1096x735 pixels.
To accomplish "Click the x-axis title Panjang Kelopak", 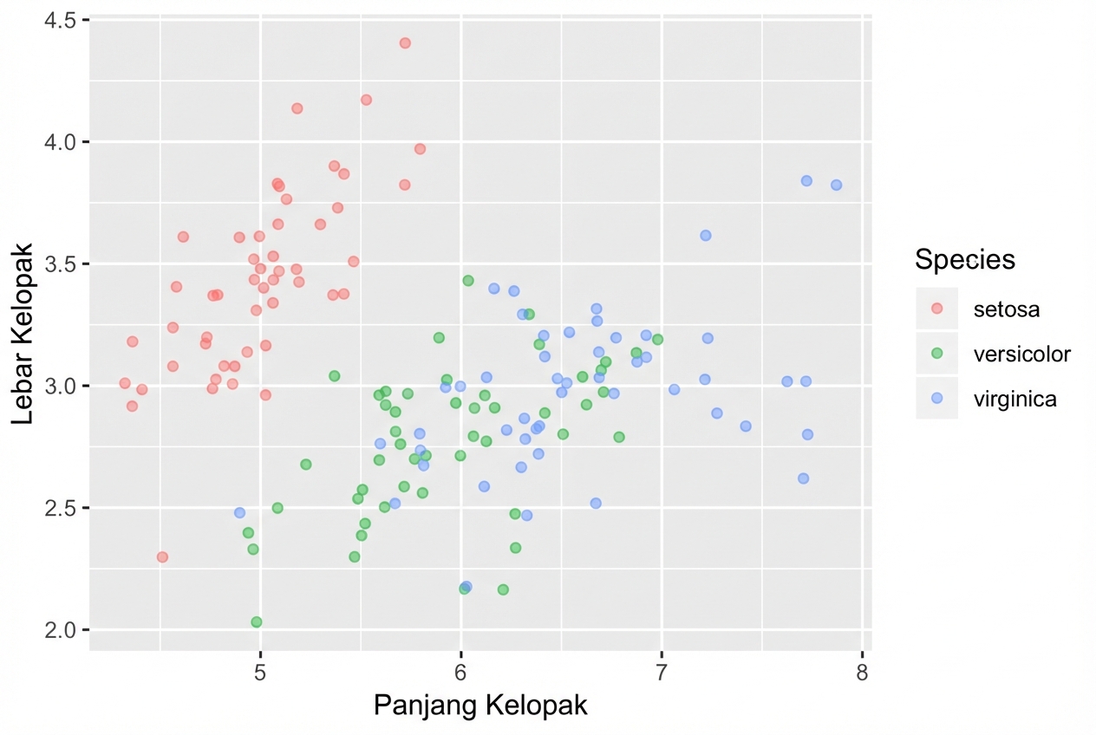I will (x=480, y=706).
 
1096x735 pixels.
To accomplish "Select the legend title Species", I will (x=965, y=259).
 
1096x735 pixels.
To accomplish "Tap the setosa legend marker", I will (x=936, y=309).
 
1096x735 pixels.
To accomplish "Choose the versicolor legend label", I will (x=1021, y=354).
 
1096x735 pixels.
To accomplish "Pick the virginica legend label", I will (x=1014, y=399).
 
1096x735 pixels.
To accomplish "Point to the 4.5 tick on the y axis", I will (x=59, y=20).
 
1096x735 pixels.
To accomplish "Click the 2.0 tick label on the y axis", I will (x=59, y=629).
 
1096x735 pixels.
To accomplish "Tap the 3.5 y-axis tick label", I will (x=59, y=263).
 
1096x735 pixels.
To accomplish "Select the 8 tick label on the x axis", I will (x=862, y=671).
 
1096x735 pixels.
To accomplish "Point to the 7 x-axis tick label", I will (x=662, y=671).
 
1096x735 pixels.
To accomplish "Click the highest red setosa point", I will (x=405, y=43).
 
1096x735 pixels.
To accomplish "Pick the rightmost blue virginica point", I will (x=836, y=185).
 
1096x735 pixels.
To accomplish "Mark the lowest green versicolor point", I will (x=257, y=622).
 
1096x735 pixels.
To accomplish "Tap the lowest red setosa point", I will (x=162, y=557).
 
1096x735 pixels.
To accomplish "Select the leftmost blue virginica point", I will (x=240, y=513).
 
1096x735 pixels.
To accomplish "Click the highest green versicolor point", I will (x=468, y=281).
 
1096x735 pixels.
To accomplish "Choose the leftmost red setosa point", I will (x=125, y=383).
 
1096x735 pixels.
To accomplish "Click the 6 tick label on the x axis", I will (x=460, y=671).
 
